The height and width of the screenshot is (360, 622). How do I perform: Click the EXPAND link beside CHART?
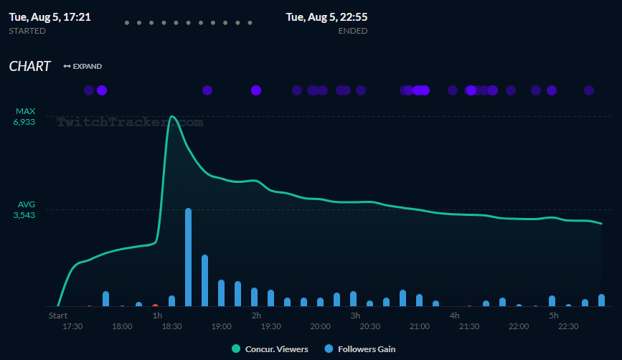pyautogui.click(x=83, y=67)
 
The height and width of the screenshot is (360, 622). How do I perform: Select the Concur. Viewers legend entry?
pyautogui.click(x=270, y=349)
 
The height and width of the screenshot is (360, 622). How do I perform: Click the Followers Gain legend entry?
pyautogui.click(x=360, y=349)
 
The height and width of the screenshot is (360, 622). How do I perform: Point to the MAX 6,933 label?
pyautogui.click(x=25, y=117)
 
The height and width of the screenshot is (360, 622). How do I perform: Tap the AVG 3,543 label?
pyautogui.click(x=25, y=209)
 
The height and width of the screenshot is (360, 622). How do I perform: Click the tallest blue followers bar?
pyautogui.click(x=189, y=257)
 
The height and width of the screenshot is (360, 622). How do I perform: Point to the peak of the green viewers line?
pyautogui.click(x=172, y=116)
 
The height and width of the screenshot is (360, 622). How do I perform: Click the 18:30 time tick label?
pyautogui.click(x=171, y=326)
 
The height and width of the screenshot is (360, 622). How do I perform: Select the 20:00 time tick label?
pyautogui.click(x=320, y=326)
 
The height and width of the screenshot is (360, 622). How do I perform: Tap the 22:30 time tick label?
pyautogui.click(x=568, y=326)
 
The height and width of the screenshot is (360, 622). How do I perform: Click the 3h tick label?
pyautogui.click(x=355, y=315)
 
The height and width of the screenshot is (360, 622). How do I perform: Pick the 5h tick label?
pyautogui.click(x=553, y=315)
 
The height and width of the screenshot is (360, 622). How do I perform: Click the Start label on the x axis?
pyautogui.click(x=58, y=315)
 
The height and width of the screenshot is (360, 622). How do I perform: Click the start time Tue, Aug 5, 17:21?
pyautogui.click(x=50, y=16)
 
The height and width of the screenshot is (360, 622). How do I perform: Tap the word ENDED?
pyautogui.click(x=352, y=31)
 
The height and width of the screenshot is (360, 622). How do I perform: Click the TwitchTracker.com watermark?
pyautogui.click(x=130, y=122)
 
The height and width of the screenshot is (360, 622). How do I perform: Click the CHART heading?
pyautogui.click(x=30, y=67)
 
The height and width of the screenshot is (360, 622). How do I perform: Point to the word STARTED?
pyautogui.click(x=27, y=31)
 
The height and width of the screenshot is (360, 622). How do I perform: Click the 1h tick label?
pyautogui.click(x=157, y=315)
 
